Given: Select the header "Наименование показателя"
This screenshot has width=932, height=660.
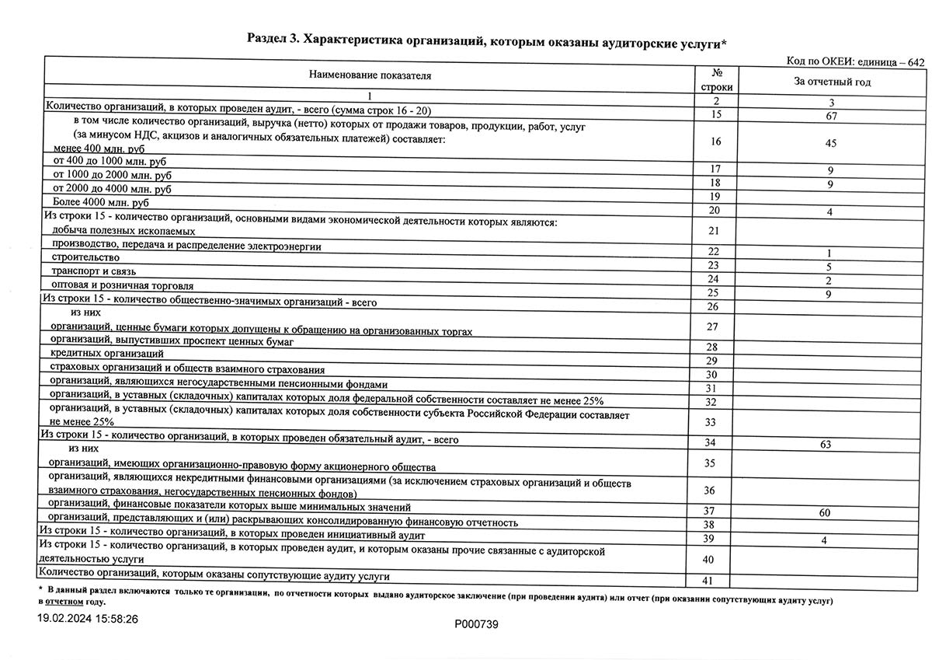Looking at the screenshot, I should pos(370,75).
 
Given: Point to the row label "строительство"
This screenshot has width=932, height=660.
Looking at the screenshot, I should pos(85,257).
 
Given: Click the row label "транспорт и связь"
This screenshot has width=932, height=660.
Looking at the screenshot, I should pos(94,271).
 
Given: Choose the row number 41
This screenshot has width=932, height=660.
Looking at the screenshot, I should pos(706,581).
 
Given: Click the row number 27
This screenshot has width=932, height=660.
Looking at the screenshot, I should pos(711,327).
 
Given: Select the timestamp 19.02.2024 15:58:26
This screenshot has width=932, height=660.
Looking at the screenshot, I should pos(89,620).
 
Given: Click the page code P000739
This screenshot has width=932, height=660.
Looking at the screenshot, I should pos(476,624).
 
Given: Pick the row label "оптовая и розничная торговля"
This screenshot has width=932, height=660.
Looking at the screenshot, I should pos(123,286).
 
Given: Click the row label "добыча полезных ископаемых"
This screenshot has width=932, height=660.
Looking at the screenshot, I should pos(123,231).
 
